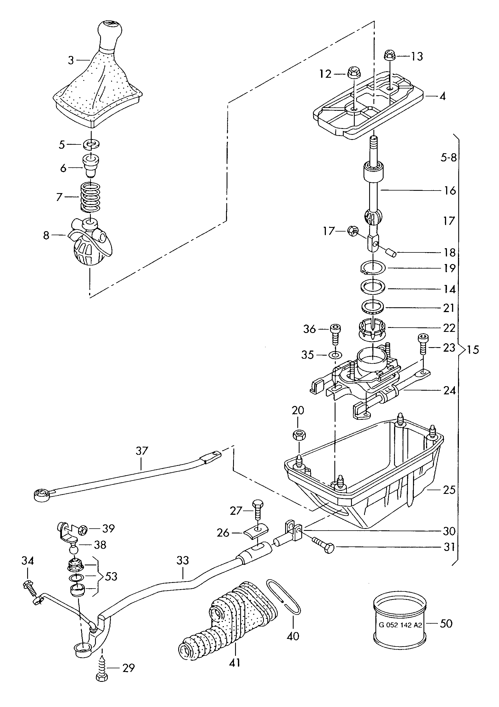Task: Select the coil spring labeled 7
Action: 90,197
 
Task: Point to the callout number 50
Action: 446,624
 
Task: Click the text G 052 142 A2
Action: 400,625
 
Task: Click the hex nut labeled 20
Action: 299,435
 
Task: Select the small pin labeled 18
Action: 391,252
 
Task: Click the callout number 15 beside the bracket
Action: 473,349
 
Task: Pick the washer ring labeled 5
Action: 92,144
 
